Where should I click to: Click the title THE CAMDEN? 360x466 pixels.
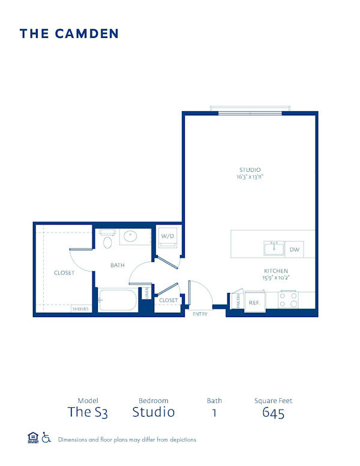click(x=69, y=34)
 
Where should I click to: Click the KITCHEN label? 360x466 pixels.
click(x=276, y=271)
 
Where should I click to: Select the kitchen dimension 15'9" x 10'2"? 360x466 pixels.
click(x=276, y=278)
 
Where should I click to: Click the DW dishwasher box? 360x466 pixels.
click(x=295, y=249)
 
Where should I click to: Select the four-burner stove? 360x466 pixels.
click(x=289, y=300)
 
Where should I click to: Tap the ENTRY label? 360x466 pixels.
click(x=199, y=314)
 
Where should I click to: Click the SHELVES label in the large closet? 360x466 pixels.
click(x=80, y=309)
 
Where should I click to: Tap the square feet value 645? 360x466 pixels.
click(x=273, y=412)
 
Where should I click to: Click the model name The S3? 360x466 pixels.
click(x=88, y=412)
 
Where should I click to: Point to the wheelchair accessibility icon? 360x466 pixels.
click(x=47, y=438)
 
